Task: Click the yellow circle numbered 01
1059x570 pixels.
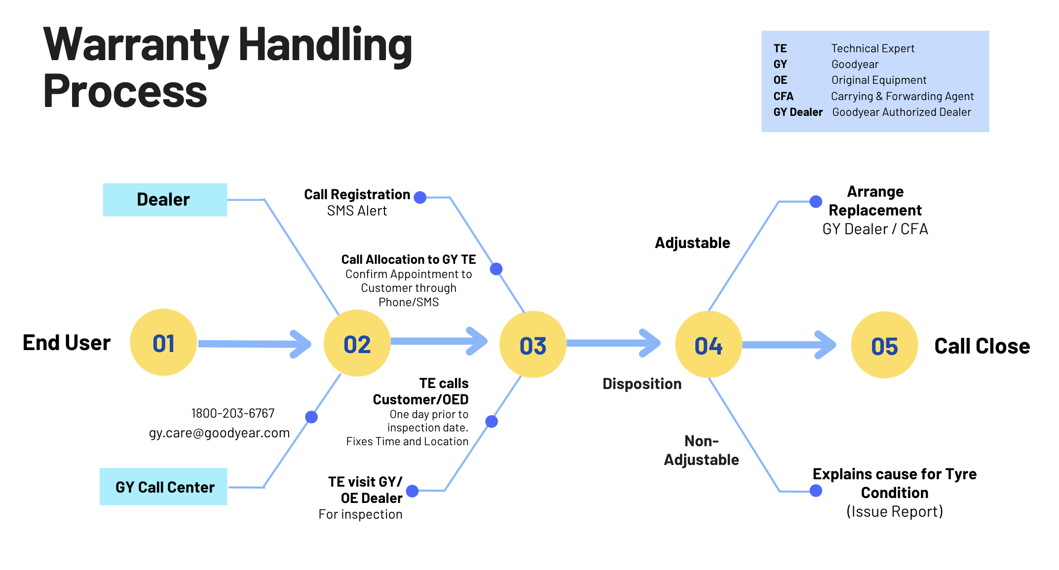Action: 163,342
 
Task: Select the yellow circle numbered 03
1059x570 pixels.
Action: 533,345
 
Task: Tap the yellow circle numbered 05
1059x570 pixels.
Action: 884,345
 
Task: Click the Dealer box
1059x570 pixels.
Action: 165,200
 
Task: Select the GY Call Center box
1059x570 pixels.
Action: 163,487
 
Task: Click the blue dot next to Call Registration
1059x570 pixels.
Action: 420,197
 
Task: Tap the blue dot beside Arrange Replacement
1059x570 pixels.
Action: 816,201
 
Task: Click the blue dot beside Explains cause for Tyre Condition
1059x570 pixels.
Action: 816,491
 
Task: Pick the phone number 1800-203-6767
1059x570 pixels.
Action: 232,413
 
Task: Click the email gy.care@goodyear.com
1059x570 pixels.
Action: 219,433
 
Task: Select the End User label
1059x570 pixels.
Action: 67,343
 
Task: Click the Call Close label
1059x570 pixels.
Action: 982,346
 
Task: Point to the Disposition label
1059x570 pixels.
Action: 642,384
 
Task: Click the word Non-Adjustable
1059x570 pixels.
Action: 701,450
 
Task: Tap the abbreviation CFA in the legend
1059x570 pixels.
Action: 783,96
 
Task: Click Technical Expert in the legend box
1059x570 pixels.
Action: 872,48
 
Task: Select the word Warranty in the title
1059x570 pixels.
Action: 136,45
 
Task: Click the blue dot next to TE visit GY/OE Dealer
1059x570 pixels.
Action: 412,491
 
